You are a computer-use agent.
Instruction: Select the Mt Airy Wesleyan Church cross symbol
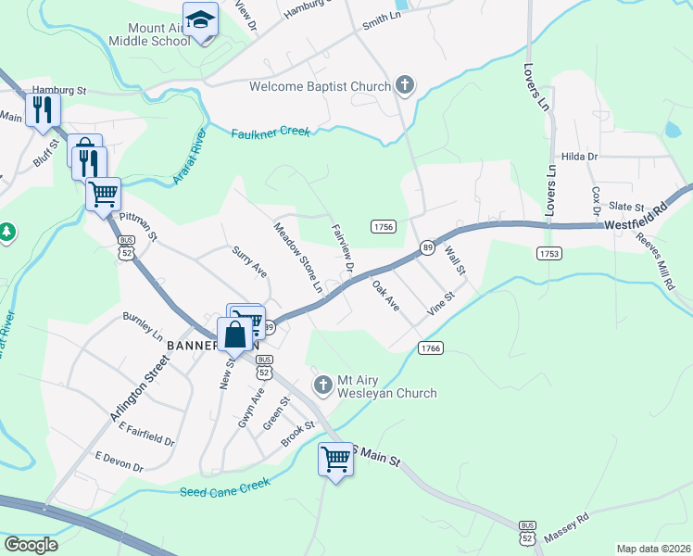[x=322, y=385]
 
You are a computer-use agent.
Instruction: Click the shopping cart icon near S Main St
[x=335, y=458]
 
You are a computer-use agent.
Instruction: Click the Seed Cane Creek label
[x=225, y=488]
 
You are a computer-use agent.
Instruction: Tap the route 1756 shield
[x=384, y=227]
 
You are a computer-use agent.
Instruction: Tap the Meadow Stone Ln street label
[x=297, y=259]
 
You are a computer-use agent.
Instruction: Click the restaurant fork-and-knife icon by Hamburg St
[x=43, y=109]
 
